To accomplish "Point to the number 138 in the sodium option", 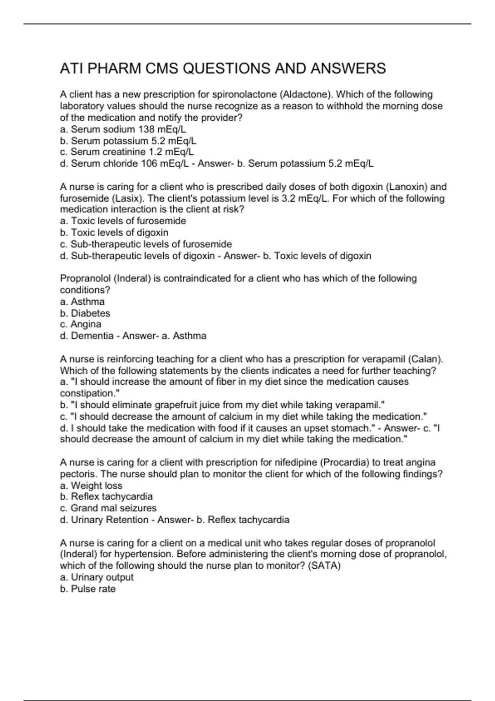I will click(x=146, y=129).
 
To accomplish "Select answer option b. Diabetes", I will click(x=85, y=313).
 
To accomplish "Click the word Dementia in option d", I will click(x=92, y=336).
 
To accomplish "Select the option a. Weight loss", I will click(x=91, y=485).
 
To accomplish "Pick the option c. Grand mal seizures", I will click(x=108, y=508).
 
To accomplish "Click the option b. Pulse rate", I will click(x=87, y=589).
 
